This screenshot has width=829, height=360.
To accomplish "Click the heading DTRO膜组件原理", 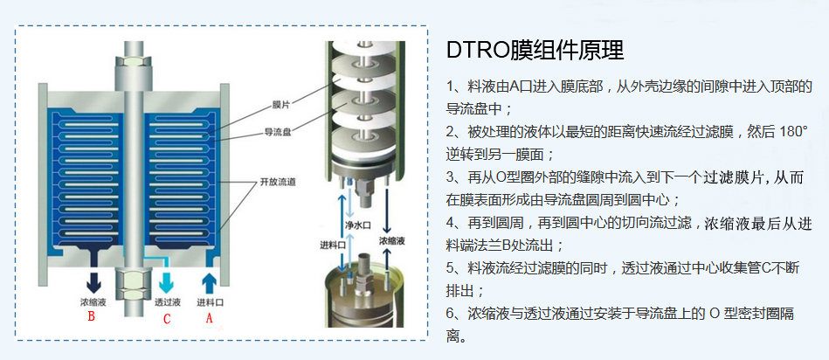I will (x=535, y=49).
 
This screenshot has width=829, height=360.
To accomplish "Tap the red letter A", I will (x=207, y=318).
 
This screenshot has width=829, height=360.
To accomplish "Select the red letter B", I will (x=90, y=318).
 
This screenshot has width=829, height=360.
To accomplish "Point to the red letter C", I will (x=167, y=318).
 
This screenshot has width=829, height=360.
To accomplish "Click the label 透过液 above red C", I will (x=167, y=301).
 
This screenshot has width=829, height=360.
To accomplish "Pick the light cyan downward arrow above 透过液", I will (x=167, y=280).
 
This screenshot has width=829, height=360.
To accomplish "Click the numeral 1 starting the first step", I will (x=451, y=87).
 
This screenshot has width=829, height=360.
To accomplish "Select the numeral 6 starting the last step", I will (x=451, y=313).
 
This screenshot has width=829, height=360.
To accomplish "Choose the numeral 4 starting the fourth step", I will (x=451, y=222).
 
